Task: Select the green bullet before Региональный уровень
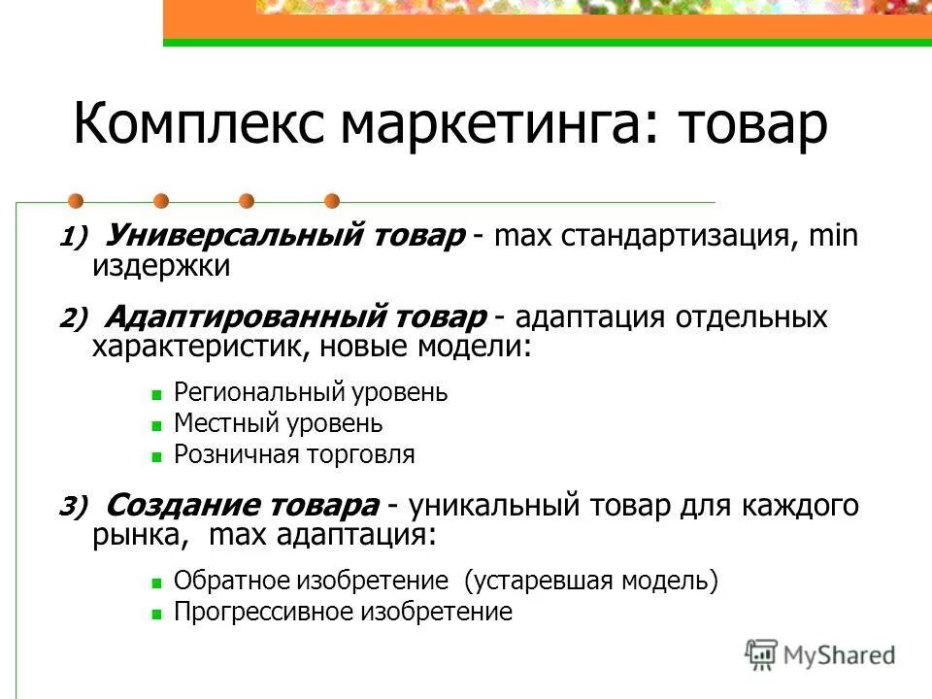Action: tap(155, 395)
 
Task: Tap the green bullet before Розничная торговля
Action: tap(155, 455)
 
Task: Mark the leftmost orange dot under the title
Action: tap(76, 202)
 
